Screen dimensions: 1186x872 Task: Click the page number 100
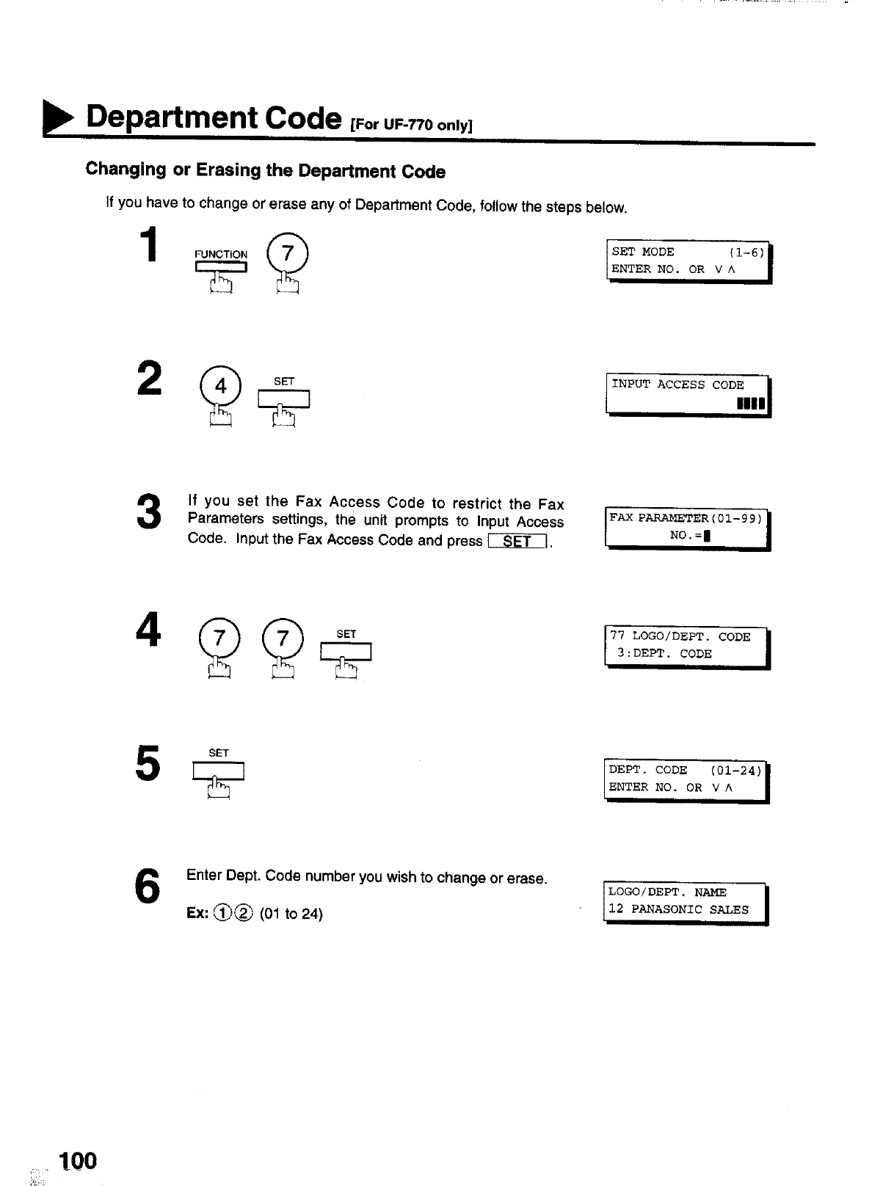(79, 1160)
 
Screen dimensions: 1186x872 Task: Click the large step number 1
(149, 244)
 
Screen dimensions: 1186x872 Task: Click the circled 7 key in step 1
(288, 254)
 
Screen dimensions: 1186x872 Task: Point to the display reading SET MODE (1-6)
(688, 261)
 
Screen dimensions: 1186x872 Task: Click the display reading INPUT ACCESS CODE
(687, 394)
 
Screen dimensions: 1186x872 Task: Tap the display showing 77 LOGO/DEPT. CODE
(686, 646)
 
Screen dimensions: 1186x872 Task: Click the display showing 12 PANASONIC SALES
(684, 902)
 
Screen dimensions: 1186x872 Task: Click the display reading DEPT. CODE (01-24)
(686, 779)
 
